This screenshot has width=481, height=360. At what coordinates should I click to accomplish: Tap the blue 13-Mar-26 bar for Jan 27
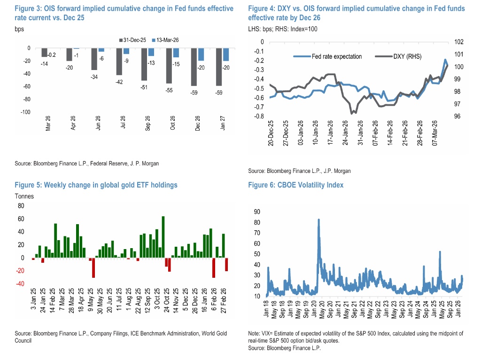coord(226,55)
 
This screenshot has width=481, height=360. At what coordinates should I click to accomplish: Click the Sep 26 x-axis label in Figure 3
coord(147,123)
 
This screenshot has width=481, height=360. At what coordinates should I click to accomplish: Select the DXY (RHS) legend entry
coord(398,56)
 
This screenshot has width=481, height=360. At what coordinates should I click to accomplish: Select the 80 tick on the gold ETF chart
coord(21,206)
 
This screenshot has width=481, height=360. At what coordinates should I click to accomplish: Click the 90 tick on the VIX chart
coord(256,211)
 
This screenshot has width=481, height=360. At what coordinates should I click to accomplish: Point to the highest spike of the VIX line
coord(319,219)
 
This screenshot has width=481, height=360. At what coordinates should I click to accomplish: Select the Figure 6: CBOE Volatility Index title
coord(296,185)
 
